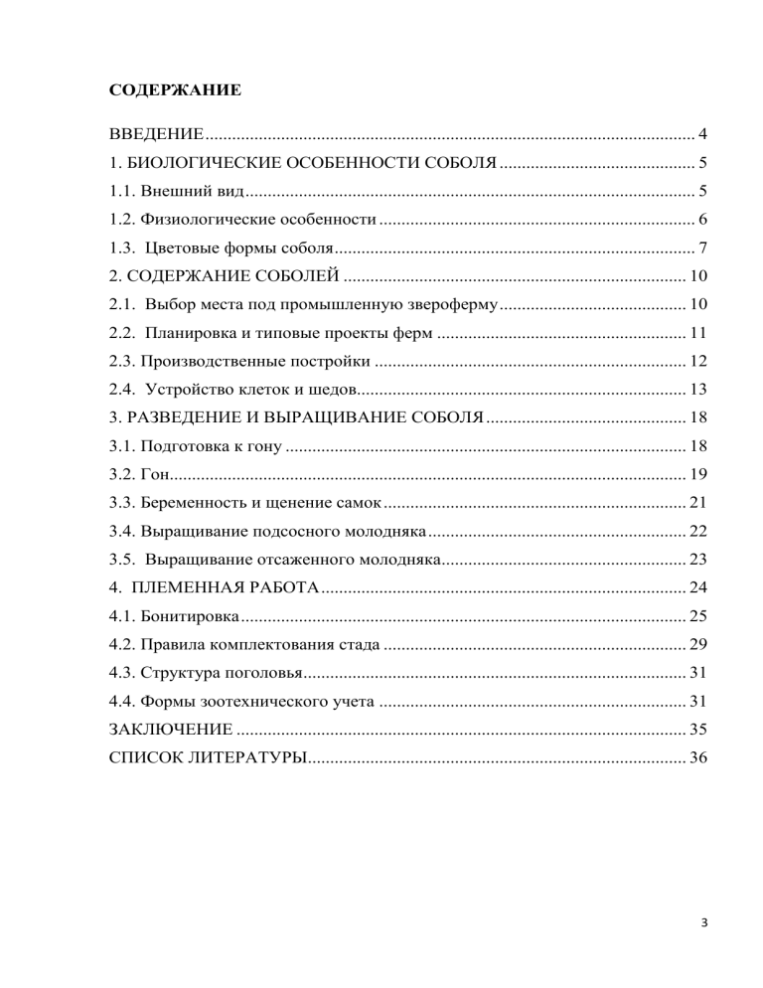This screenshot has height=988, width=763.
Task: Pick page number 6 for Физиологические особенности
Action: click(x=701, y=220)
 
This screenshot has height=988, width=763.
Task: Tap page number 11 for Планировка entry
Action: click(x=696, y=332)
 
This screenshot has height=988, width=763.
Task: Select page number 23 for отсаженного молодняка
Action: click(x=696, y=558)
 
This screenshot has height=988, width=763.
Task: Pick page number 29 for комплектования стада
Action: click(x=696, y=642)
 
